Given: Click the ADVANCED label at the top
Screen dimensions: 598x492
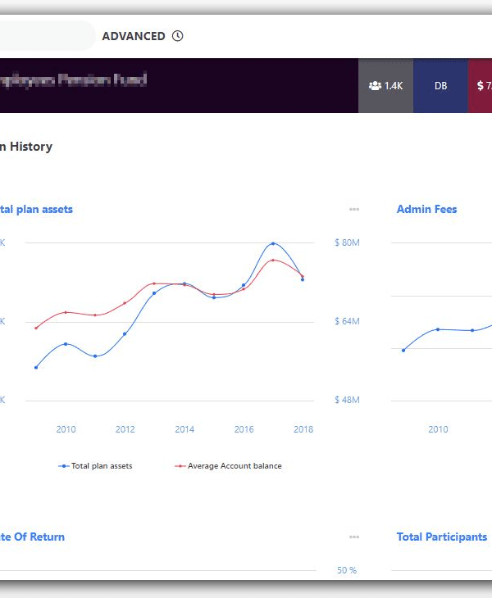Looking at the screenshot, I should pyautogui.click(x=133, y=36).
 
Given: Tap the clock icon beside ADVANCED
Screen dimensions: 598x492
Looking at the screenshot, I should pyautogui.click(x=178, y=36).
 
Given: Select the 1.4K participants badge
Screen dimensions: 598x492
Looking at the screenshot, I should pyautogui.click(x=385, y=85).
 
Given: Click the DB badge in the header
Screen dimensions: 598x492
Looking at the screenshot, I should pyautogui.click(x=440, y=85).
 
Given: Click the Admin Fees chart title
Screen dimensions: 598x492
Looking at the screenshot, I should pyautogui.click(x=426, y=210).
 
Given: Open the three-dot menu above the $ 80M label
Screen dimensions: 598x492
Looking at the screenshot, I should pyautogui.click(x=353, y=210).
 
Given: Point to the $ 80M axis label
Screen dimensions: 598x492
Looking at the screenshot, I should pyautogui.click(x=347, y=243).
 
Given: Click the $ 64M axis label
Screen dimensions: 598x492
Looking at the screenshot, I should pyautogui.click(x=347, y=321).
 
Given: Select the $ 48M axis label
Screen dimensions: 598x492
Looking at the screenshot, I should pyautogui.click(x=347, y=400).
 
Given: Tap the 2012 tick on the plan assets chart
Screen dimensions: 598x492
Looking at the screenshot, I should pyautogui.click(x=125, y=429).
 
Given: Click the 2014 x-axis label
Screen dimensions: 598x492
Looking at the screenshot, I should pyautogui.click(x=184, y=429).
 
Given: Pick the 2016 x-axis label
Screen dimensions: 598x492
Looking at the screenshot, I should pyautogui.click(x=244, y=429).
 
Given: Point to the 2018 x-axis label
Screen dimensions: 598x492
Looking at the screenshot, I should pyautogui.click(x=303, y=429).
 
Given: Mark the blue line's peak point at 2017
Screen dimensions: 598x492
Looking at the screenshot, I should pyautogui.click(x=273, y=243).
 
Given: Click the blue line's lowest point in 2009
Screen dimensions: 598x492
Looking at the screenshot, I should pyautogui.click(x=36, y=367).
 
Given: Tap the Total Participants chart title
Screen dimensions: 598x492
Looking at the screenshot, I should pyautogui.click(x=441, y=537).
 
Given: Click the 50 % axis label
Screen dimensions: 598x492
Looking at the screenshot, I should pyautogui.click(x=347, y=570).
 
